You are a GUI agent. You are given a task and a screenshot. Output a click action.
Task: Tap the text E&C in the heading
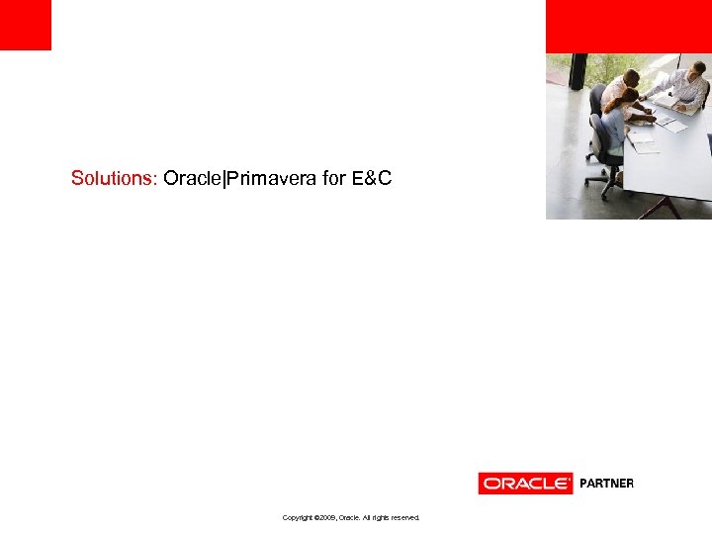(x=372, y=179)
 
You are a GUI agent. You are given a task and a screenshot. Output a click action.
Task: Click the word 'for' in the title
(x=334, y=179)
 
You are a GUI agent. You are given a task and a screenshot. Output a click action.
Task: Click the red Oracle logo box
(x=525, y=484)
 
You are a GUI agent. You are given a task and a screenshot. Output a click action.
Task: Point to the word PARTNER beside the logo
(x=606, y=484)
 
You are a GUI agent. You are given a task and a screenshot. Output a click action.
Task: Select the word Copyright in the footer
(x=299, y=517)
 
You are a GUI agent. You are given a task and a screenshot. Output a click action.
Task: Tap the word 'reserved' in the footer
(x=402, y=517)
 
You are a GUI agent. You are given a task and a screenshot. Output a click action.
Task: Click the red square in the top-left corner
(x=25, y=25)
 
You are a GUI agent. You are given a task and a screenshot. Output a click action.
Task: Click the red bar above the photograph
(x=628, y=26)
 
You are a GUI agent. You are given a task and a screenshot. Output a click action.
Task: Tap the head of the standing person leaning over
(x=630, y=77)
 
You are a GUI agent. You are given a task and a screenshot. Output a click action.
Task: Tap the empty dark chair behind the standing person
(x=596, y=96)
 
